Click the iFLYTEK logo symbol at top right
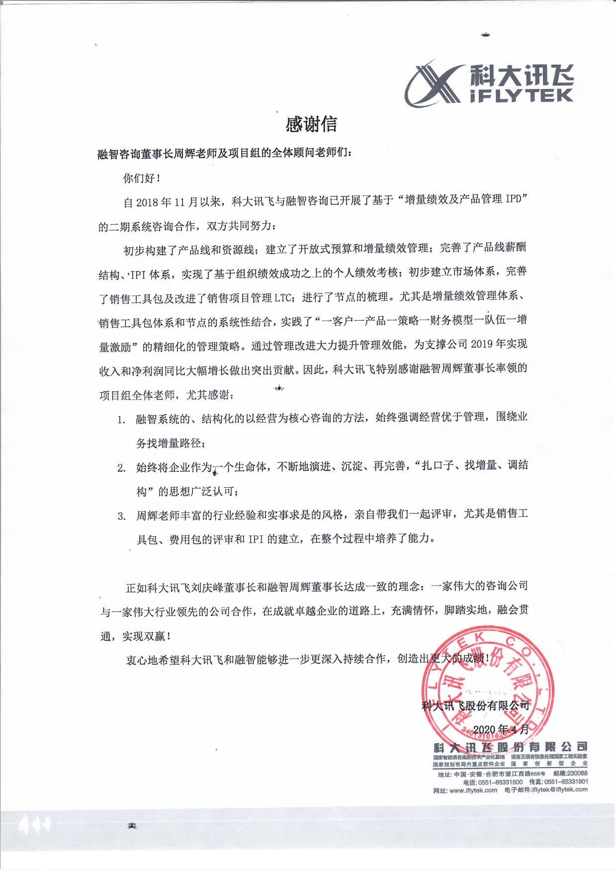(x=432, y=83)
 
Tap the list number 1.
(x=121, y=419)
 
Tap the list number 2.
(x=121, y=468)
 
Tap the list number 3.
(x=121, y=516)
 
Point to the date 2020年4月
(x=495, y=729)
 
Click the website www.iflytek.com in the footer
(x=473, y=790)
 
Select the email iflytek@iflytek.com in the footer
(x=559, y=790)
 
